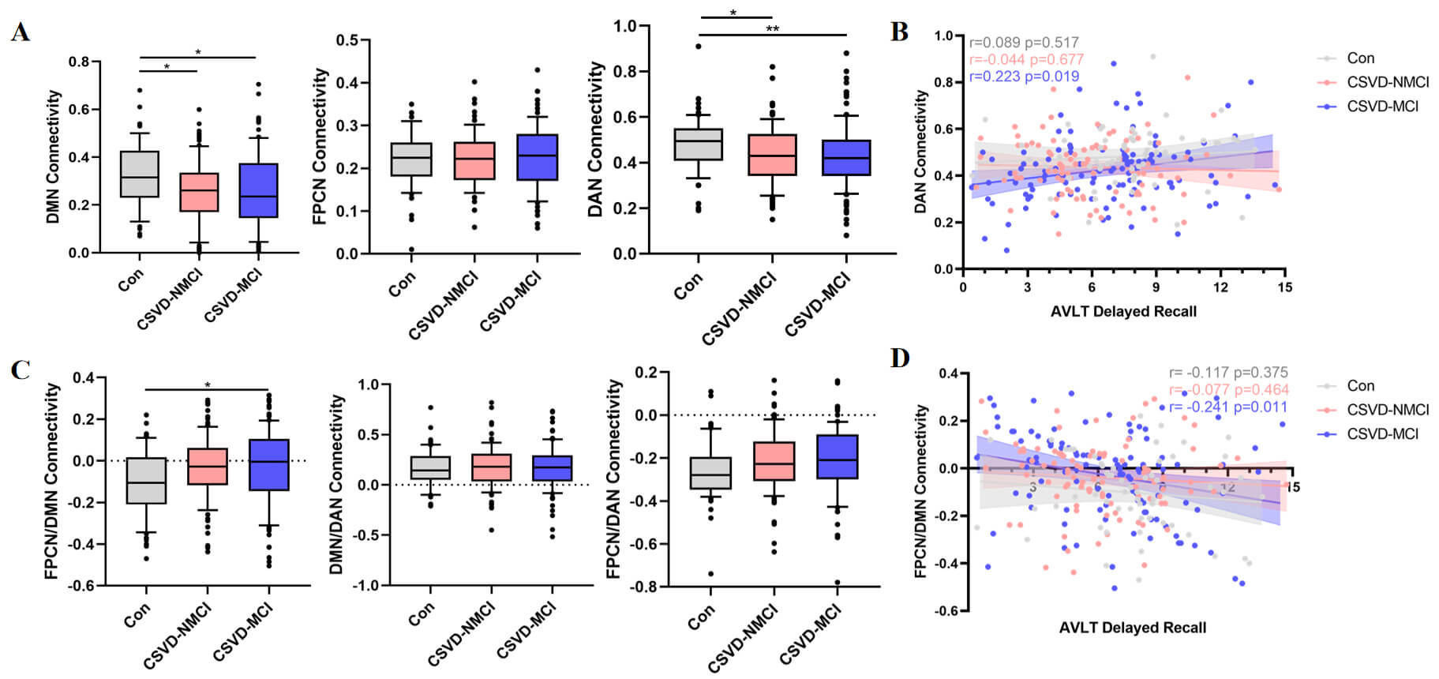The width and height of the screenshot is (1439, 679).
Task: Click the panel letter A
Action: coord(21,32)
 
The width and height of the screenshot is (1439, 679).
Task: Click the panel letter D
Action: coord(900,358)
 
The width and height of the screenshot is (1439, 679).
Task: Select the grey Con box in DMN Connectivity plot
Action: coord(140,174)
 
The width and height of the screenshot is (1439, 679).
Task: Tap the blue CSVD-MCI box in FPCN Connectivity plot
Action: coord(538,158)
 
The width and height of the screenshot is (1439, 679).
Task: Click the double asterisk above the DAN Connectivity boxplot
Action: coord(772,29)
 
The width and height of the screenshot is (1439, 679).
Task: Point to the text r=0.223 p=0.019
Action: coord(1024,77)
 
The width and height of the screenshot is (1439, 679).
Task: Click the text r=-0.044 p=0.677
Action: coord(1026,59)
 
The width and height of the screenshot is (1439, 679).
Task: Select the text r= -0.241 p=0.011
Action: coord(1228,407)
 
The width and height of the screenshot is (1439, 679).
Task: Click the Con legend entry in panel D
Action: coord(1360,386)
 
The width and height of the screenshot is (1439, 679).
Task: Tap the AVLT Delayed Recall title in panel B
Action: coord(1122,312)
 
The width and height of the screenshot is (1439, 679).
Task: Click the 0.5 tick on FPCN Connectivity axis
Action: coord(347,40)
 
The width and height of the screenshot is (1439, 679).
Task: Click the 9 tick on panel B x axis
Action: coord(1156,287)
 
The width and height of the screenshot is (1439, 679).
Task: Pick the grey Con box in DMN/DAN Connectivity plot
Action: coord(430,467)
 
